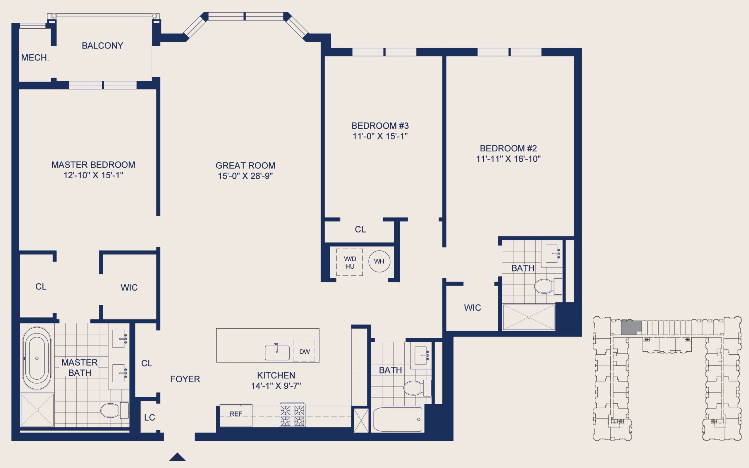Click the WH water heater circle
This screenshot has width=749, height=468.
point(379,261)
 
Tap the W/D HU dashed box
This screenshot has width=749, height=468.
point(349,262)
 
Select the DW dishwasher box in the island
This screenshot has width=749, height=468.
point(304,351)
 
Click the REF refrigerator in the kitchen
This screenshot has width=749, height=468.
point(236,415)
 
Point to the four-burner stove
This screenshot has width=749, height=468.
point(292,415)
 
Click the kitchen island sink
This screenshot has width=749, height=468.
point(277,353)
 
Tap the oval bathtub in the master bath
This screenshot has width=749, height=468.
point(37,358)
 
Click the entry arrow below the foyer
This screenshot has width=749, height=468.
point(178,457)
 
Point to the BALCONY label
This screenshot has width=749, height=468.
point(102,46)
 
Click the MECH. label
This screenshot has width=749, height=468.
point(35,58)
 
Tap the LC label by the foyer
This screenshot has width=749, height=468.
point(150,417)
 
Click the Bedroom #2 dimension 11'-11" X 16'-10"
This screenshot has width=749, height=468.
point(508,159)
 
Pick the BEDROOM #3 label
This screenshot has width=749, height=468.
point(380,126)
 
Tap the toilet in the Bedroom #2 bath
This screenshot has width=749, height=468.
point(548,286)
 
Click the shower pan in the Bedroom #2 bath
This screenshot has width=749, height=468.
point(528,317)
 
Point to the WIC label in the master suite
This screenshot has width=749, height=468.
point(129,288)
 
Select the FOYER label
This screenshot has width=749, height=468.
point(185,379)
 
